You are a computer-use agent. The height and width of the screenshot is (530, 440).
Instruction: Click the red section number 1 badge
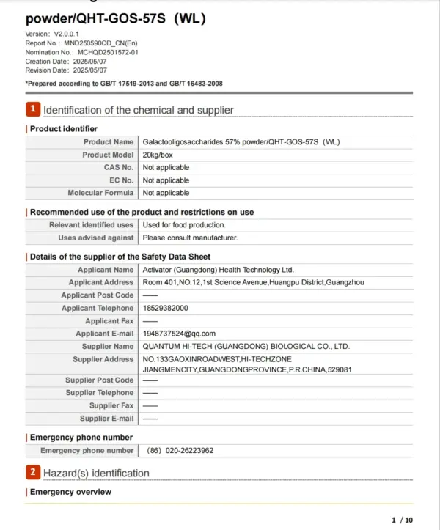point(33,109)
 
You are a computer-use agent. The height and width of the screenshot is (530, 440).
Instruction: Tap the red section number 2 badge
point(33,472)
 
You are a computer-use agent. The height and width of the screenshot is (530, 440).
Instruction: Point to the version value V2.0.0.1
point(66,34)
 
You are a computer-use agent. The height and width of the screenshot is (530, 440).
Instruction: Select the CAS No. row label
point(118,167)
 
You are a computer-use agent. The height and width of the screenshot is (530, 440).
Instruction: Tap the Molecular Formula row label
point(100,193)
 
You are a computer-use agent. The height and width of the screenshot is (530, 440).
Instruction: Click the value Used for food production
point(183,225)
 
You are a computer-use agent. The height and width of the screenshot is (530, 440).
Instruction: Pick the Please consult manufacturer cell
point(190,238)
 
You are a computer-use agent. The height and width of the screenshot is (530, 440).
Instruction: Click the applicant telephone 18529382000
point(165,308)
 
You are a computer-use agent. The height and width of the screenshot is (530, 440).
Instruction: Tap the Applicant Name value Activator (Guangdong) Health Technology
point(217,270)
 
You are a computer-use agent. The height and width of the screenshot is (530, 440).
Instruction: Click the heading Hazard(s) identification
point(96,473)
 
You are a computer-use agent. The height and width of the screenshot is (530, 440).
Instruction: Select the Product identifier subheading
point(63,129)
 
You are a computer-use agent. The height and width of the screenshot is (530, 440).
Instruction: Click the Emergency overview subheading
point(70,492)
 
